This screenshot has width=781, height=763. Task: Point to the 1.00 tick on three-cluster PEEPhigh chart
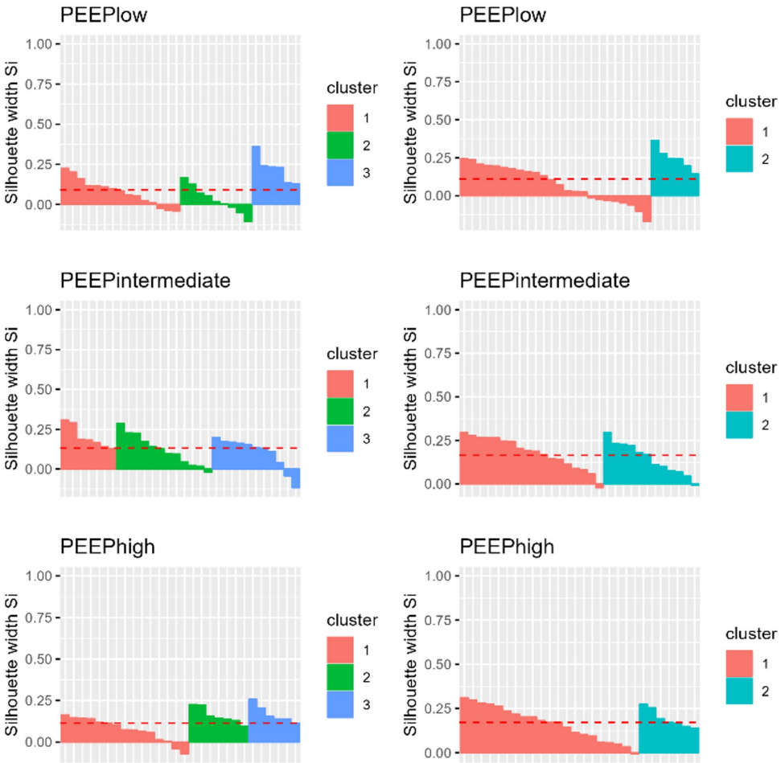pos(38,576)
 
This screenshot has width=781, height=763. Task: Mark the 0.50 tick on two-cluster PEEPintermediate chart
pos(437,397)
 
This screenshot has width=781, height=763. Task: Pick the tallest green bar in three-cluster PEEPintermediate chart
pos(121,446)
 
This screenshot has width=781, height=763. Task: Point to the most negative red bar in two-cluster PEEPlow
pos(647,208)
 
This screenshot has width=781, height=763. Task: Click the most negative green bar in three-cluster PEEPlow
pos(248,213)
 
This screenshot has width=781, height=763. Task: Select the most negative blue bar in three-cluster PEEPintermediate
pos(295,478)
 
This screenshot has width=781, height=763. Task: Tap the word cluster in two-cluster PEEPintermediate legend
pos(750,367)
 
